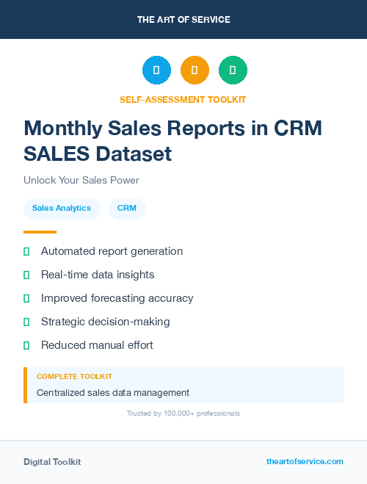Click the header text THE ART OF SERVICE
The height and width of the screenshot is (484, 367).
tap(183, 20)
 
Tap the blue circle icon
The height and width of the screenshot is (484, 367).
tap(156, 70)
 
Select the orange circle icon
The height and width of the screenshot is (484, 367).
tap(195, 70)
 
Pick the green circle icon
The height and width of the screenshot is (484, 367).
tap(233, 70)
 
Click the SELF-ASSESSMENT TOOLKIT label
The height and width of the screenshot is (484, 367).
tap(183, 99)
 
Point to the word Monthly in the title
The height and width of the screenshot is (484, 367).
tap(61, 128)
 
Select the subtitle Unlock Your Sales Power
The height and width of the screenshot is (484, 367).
tap(81, 180)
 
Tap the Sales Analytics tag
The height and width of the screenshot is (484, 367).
tap(62, 209)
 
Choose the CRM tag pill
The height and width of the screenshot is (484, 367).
tap(127, 209)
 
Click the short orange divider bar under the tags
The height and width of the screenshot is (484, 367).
tap(40, 231)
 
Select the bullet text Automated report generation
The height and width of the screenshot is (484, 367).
tap(112, 251)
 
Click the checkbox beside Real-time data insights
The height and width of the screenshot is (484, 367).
tap(26, 275)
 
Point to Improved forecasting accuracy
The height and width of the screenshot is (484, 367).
tap(117, 298)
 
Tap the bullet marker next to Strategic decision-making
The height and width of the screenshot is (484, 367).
tap(26, 322)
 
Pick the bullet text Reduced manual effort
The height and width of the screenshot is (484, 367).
tap(97, 345)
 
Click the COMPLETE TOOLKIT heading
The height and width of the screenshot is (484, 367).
tap(74, 376)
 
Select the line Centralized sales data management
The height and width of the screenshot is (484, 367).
tap(113, 392)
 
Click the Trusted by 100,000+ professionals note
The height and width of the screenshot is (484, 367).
tap(183, 413)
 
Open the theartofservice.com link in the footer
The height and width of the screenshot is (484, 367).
tap(305, 461)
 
